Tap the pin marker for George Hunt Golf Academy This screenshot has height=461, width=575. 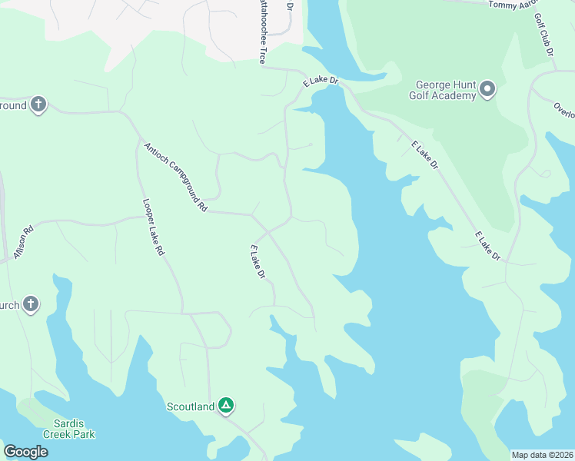[x=487, y=91]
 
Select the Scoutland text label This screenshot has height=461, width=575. [x=191, y=406]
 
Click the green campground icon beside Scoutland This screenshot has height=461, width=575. [x=225, y=405]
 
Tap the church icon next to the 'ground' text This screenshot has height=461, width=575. [x=38, y=105]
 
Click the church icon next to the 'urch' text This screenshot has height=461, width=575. [x=30, y=304]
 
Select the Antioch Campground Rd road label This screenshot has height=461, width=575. [x=175, y=177]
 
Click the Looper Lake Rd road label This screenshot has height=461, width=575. [x=154, y=227]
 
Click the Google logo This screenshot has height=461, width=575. [x=25, y=452]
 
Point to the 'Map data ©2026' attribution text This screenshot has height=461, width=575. [x=542, y=454]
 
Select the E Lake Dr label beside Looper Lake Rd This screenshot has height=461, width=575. [x=258, y=262]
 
